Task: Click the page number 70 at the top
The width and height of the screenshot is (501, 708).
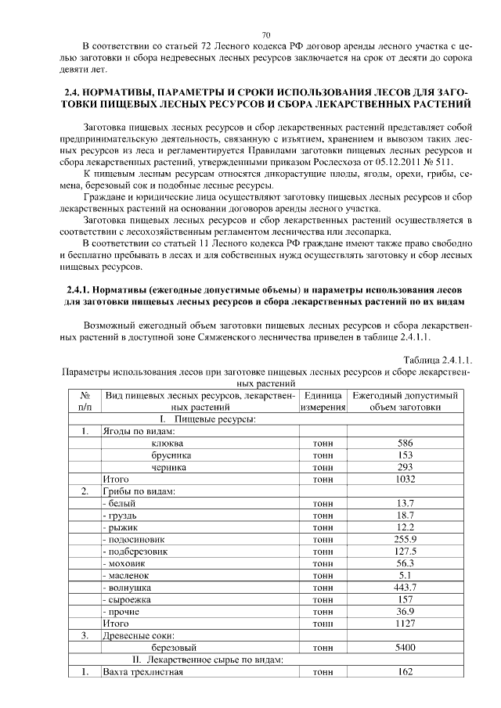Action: (265, 35)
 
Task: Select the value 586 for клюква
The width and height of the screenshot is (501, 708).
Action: (405, 443)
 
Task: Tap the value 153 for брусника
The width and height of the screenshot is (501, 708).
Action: (405, 455)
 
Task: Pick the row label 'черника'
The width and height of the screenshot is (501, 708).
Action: (169, 467)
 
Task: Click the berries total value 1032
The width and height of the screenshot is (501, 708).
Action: (405, 479)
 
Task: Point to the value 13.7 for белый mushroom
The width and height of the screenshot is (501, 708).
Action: (405, 503)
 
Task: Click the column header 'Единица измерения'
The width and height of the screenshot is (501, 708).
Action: (322, 401)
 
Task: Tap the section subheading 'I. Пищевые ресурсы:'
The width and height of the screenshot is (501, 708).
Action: (196, 419)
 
